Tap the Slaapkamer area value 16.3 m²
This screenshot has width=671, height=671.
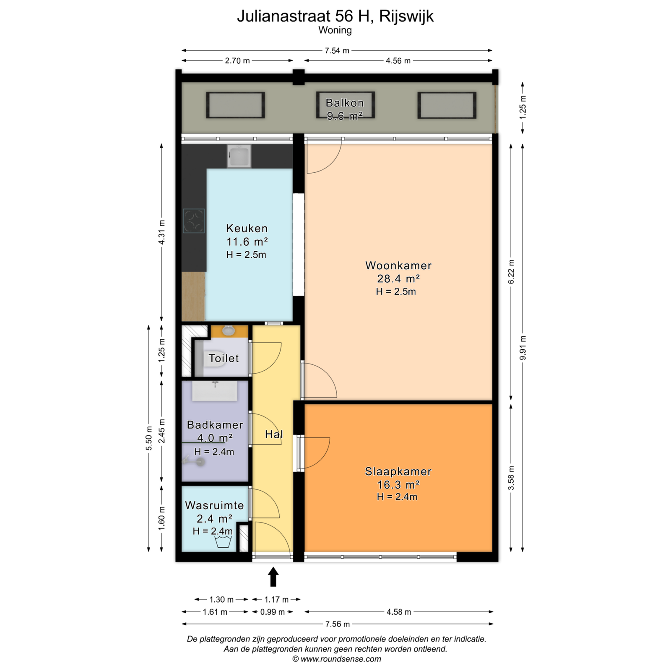(398, 485)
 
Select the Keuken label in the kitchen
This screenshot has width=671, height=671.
(247, 229)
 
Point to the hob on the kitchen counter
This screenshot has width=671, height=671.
(194, 221)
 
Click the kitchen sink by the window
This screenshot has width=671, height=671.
(239, 156)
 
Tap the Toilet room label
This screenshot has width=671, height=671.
(224, 358)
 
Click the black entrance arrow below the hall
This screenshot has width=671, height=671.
(273, 577)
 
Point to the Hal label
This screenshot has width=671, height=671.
(274, 434)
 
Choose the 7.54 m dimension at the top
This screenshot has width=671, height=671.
(337, 51)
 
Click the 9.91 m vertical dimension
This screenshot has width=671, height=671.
(523, 348)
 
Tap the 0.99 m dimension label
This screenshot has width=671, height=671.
(273, 612)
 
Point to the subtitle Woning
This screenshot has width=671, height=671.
(335, 30)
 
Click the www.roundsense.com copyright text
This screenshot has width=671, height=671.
(337, 659)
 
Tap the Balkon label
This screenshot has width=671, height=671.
(345, 103)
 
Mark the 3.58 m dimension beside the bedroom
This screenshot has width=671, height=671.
(511, 478)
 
